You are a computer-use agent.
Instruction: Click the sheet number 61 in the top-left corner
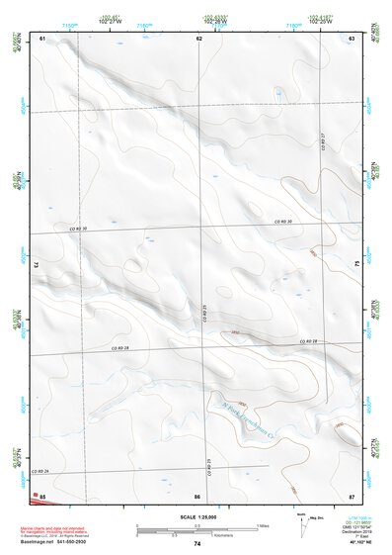pyautogui.click(x=42, y=38)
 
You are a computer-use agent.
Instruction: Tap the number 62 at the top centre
pyautogui.click(x=198, y=38)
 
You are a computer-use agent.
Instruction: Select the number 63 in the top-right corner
pyautogui.click(x=351, y=38)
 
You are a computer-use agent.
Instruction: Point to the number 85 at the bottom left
pyautogui.click(x=42, y=495)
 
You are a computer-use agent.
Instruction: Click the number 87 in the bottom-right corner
pyautogui.click(x=351, y=495)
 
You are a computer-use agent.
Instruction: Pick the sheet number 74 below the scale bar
pyautogui.click(x=197, y=544)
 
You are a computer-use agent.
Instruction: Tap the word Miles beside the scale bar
pyautogui.click(x=264, y=524)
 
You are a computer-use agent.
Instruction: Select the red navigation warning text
pyautogui.click(x=61, y=519)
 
